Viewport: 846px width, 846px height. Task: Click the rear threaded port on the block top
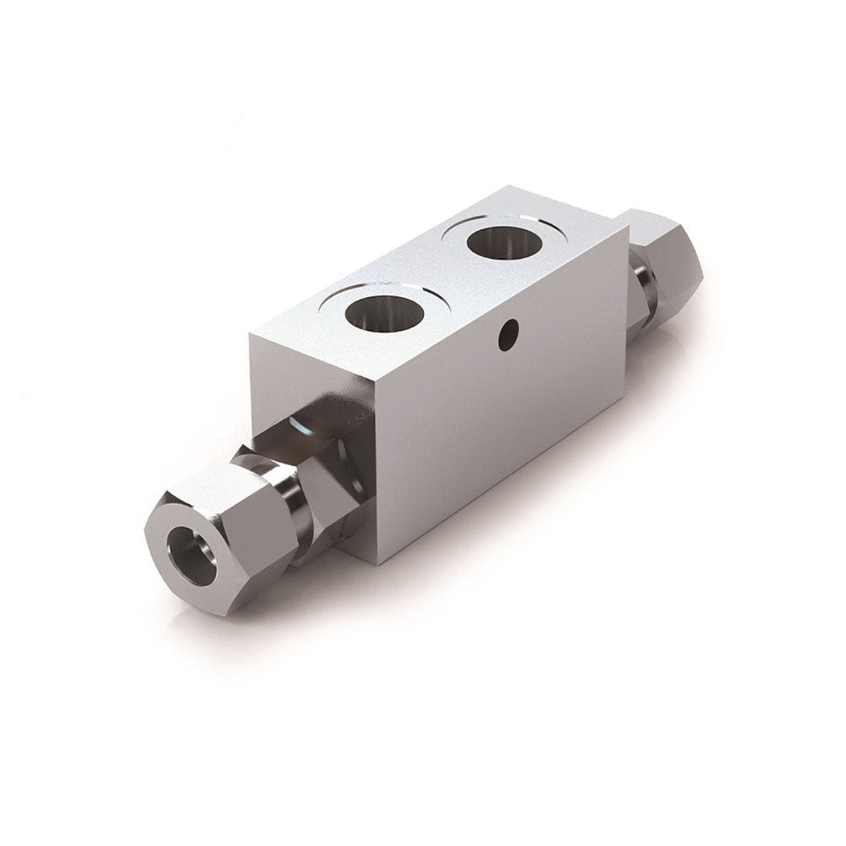point(505,242)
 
